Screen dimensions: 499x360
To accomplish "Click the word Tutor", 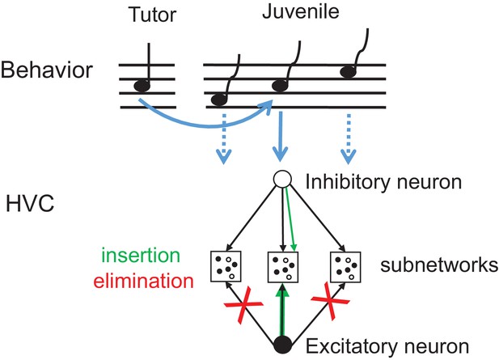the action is coord(152,15).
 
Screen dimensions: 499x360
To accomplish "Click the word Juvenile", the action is coord(301,11).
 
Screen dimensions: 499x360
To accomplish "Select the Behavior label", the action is coord(46,70).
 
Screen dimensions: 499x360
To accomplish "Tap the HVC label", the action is coord(30,204).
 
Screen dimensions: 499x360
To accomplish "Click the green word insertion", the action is coord(141,255).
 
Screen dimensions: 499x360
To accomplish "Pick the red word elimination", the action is coord(143,281).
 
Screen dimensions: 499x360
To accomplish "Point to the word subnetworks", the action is coord(439,265).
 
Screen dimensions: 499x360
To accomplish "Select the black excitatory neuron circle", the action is coord(282,345).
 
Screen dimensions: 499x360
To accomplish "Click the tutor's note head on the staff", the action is coord(142,86).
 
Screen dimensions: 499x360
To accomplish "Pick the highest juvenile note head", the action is coord(348,72).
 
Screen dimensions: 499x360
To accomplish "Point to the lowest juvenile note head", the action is coord(219,100).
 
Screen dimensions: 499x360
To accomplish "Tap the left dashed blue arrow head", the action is coord(224,157).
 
